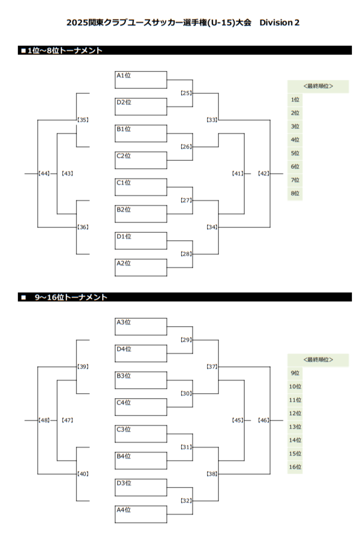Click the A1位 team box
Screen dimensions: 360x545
coord(141,80)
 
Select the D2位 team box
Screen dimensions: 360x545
coord(141,107)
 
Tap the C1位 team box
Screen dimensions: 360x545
coord(141,187)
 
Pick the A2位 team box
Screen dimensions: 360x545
coord(141,268)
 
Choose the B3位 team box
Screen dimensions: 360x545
coord(141,380)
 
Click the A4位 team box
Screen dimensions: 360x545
coord(141,515)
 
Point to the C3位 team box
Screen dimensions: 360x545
coord(141,434)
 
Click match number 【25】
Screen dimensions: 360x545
coord(186,93)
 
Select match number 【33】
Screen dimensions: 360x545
coord(212,120)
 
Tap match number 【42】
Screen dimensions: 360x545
coord(264,173)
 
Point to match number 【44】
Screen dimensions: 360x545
coord(44,173)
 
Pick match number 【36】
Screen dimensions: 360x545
coord(83,227)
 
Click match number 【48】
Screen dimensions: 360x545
coord(44,420)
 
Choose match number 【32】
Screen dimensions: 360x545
coord(186,501)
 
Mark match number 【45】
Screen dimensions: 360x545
coord(238,420)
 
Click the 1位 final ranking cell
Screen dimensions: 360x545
coord(295,100)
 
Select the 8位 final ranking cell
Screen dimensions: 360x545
coord(295,194)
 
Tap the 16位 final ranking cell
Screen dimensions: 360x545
coord(295,467)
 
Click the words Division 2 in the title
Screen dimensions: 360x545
coord(280,22)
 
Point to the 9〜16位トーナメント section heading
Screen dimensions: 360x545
coord(71,297)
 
